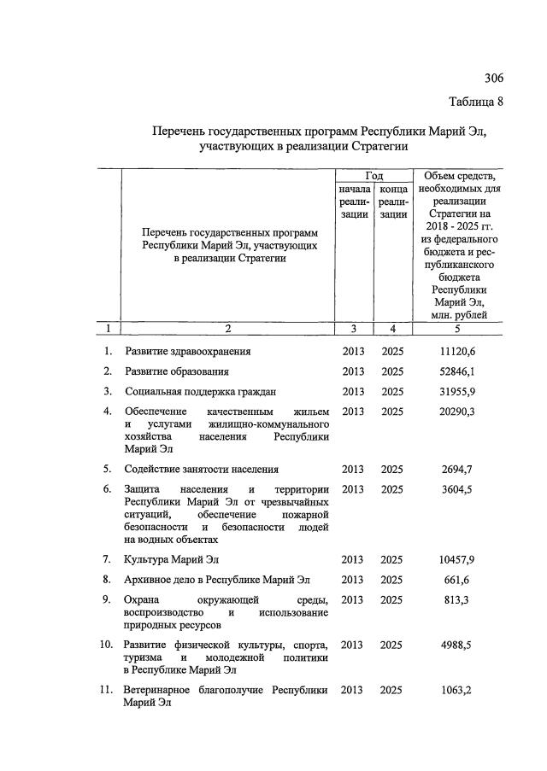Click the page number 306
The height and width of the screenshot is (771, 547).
point(493,79)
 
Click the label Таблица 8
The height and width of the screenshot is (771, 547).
point(476,102)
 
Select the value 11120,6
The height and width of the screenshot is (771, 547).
point(456,351)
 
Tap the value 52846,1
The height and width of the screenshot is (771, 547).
point(456,371)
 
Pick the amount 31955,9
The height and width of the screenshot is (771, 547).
point(456,392)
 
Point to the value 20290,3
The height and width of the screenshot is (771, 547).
point(456,412)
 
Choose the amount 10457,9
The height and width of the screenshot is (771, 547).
point(456,559)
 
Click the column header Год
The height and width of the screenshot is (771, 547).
point(373,175)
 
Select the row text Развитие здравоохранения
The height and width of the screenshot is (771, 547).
point(188,351)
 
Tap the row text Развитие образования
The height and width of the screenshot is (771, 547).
point(177,371)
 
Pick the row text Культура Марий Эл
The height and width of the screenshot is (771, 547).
point(173,559)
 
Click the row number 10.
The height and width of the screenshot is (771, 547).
point(106,645)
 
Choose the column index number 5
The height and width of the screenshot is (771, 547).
point(456,328)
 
